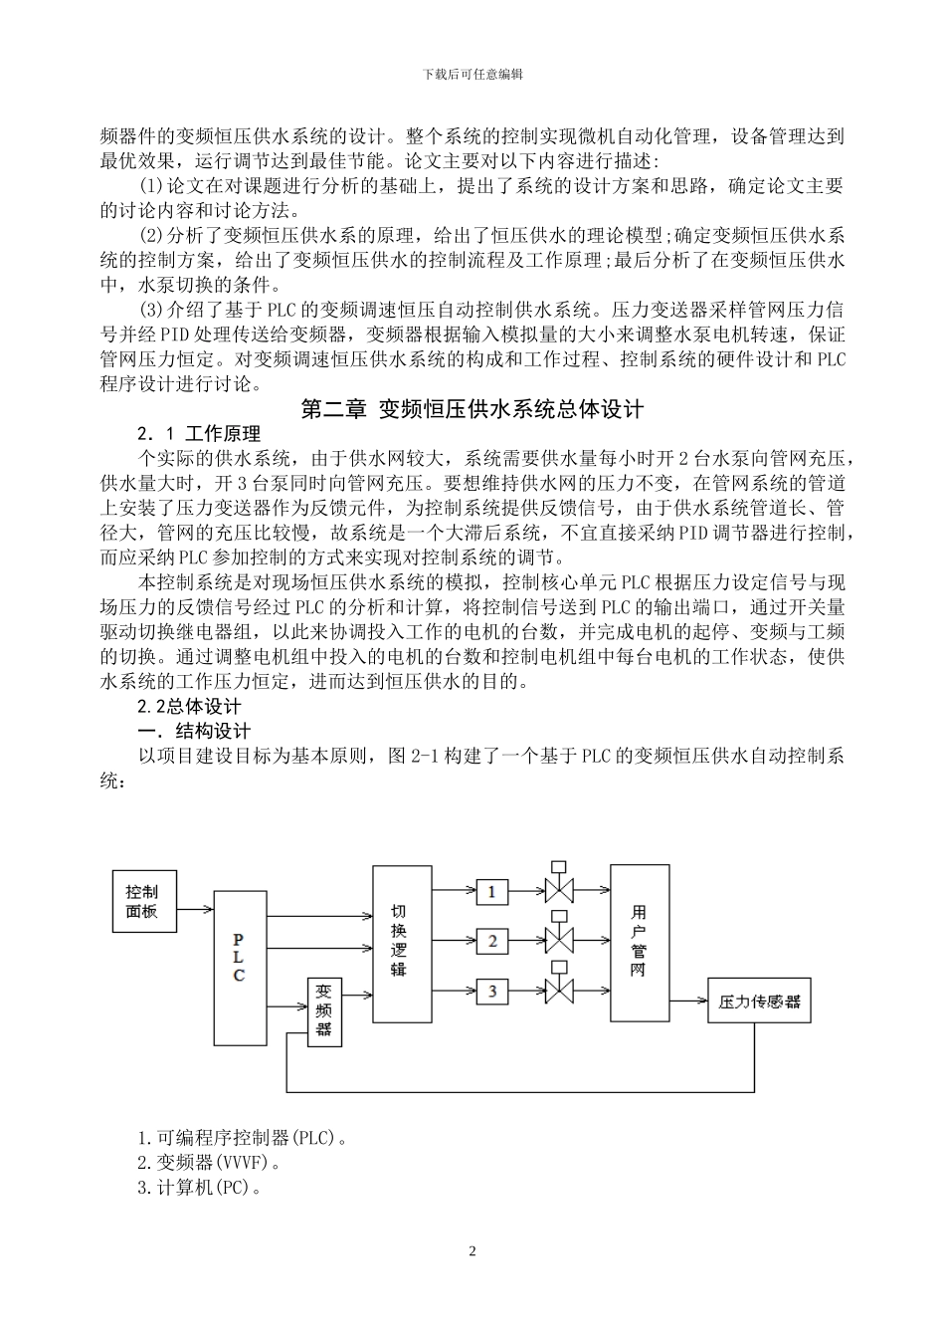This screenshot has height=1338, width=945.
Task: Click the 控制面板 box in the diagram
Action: [143, 900]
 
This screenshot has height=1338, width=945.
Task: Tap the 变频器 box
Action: [324, 1010]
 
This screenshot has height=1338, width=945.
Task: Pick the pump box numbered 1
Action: [491, 891]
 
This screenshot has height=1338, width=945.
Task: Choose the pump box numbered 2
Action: [491, 941]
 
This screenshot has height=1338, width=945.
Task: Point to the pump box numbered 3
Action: [491, 992]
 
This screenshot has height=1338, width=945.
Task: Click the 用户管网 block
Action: [639, 941]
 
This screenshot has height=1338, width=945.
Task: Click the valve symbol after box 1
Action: [560, 890]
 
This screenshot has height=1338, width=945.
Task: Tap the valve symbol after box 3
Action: [560, 991]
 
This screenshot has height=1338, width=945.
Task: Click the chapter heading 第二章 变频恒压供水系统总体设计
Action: [472, 409]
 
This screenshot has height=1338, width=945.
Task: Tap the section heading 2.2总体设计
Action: [189, 707]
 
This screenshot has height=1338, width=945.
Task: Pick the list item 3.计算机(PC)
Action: [200, 1187]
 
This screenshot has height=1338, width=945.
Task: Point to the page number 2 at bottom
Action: [472, 1251]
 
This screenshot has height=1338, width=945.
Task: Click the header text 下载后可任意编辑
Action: [472, 74]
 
